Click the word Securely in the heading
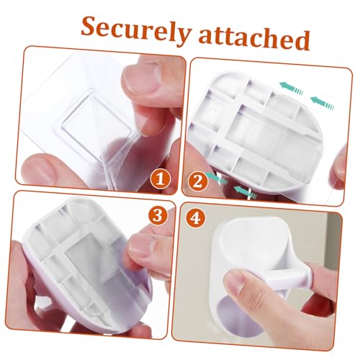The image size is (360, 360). (x=136, y=30)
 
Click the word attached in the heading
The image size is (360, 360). (x=254, y=39)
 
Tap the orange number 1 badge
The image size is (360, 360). (x=161, y=179)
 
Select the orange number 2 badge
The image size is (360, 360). (x=198, y=182)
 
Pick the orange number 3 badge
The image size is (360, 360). (x=158, y=215)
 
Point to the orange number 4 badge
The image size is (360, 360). (x=196, y=218)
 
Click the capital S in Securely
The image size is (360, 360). (x=91, y=27)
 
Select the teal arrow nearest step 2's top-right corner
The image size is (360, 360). (x=322, y=103)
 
